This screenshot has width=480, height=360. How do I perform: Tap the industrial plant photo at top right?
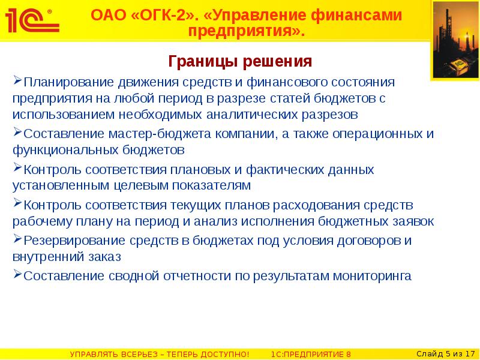455,41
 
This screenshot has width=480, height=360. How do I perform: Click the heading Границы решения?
240,62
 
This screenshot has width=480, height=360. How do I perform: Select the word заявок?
413,221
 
